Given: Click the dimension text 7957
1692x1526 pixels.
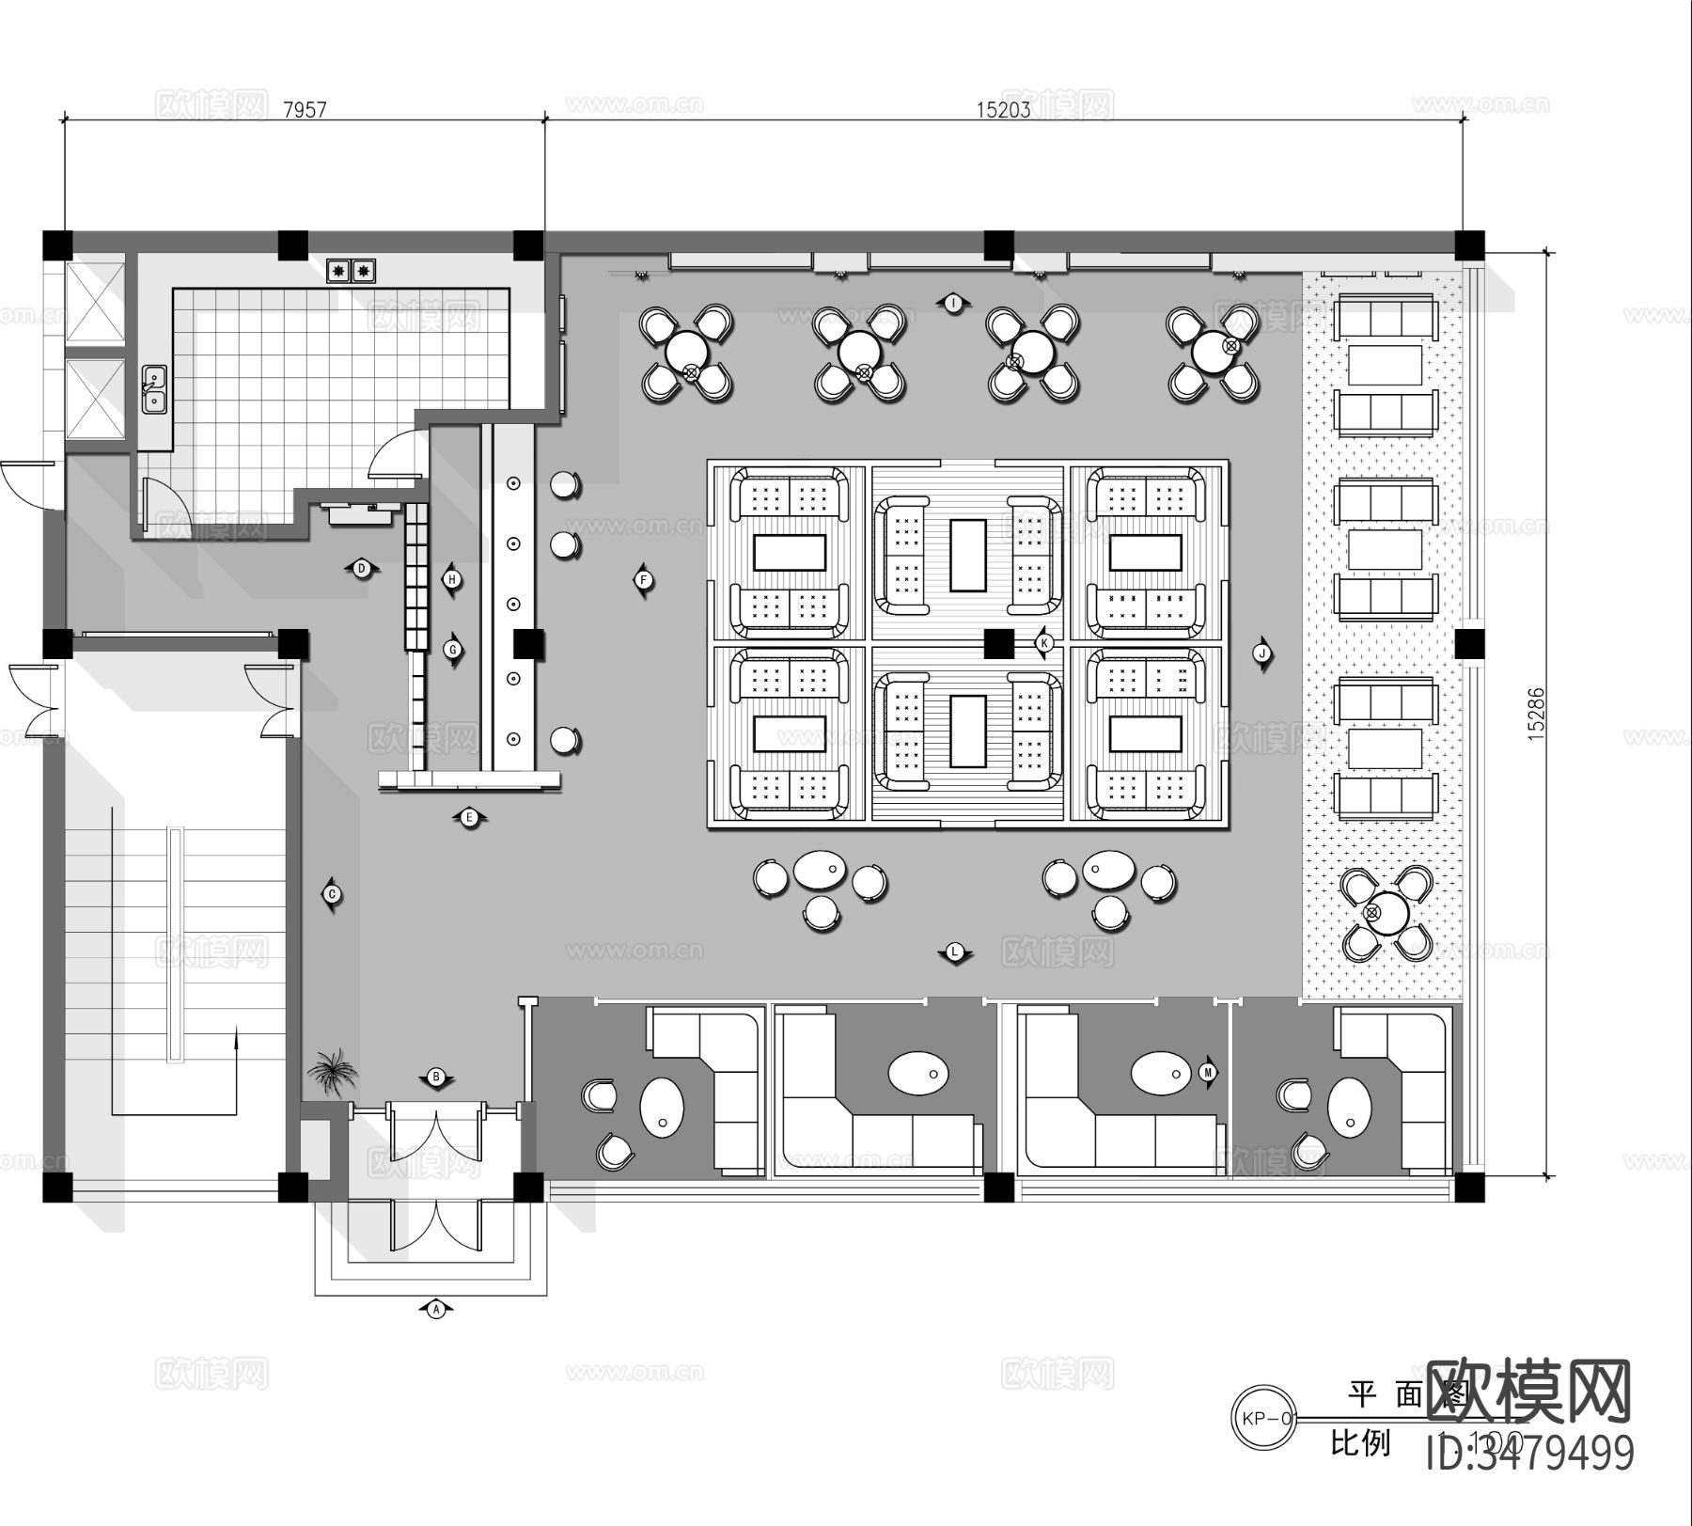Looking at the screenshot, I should (305, 110).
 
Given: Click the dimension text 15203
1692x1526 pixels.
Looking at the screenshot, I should (1003, 110).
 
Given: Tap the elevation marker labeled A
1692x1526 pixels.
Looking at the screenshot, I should (435, 1308).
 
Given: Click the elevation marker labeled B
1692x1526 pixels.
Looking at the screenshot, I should (436, 1077).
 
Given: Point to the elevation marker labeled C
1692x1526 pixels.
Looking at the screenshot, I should (332, 894).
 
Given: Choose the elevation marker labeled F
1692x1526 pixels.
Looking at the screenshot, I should (644, 580).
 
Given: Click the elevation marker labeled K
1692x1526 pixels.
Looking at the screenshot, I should (1044, 643).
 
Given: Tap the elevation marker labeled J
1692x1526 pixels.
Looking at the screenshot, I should (1262, 653).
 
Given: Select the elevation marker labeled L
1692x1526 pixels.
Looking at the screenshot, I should (955, 952).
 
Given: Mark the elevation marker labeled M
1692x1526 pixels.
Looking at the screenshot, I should (1209, 1072).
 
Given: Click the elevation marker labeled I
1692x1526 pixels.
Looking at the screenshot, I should (953, 303).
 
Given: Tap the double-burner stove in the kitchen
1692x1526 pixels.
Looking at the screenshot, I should (350, 272).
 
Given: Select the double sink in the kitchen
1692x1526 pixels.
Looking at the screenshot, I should (153, 390).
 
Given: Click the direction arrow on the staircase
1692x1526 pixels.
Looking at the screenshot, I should (235, 1039).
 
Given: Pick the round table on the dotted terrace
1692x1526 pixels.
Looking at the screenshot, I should (1386, 912).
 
